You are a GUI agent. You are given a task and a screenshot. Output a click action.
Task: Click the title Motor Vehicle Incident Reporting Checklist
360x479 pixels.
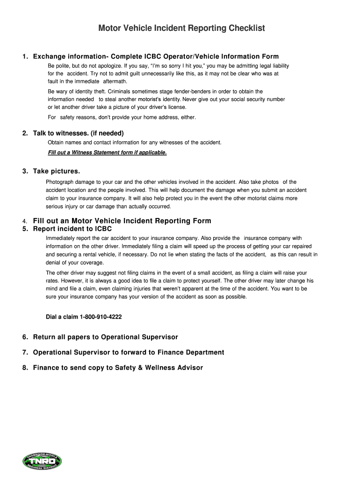tap(181, 29)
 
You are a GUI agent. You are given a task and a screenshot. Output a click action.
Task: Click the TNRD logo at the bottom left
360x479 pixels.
tap(42, 461)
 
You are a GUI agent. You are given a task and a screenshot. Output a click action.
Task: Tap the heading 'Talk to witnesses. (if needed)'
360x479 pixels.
tap(78, 133)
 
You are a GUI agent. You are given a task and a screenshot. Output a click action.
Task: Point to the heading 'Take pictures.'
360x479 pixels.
tap(56, 171)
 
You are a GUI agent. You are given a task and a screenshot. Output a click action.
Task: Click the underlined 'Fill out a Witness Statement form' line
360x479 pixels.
tap(107, 152)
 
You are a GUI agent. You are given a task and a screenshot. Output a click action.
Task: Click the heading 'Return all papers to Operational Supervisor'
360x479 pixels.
tap(105, 337)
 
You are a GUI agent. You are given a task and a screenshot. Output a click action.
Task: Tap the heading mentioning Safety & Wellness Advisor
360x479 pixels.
tap(118, 368)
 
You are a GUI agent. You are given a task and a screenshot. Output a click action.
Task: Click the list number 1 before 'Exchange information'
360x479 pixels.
tap(24, 57)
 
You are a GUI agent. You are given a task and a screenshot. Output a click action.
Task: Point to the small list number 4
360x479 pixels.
tap(24, 221)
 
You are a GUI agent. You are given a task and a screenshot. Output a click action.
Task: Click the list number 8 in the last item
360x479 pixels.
tap(24, 368)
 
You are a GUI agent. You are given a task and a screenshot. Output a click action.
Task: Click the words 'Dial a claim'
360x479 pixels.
tap(62, 317)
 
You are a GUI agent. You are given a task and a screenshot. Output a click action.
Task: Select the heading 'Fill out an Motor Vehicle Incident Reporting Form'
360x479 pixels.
tap(122, 221)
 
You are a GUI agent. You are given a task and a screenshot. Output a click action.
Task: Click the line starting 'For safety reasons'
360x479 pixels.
tap(122, 117)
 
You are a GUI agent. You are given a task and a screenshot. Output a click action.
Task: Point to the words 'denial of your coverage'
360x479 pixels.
tap(74, 263)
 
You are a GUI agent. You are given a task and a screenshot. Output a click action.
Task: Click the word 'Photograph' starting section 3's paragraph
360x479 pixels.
tap(59, 182)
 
